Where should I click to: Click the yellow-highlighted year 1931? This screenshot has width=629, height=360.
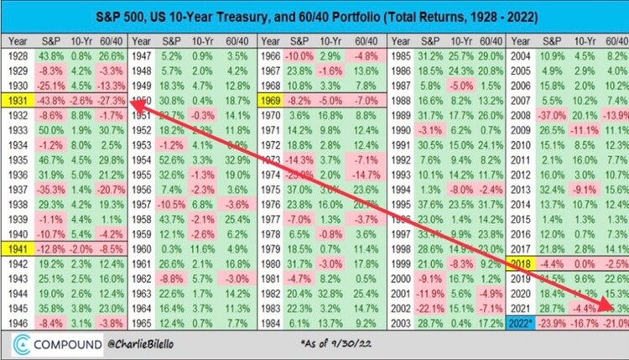click(18, 98)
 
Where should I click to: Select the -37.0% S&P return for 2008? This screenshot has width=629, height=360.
click(554, 114)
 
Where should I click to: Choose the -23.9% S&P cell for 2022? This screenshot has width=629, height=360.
click(554, 323)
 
